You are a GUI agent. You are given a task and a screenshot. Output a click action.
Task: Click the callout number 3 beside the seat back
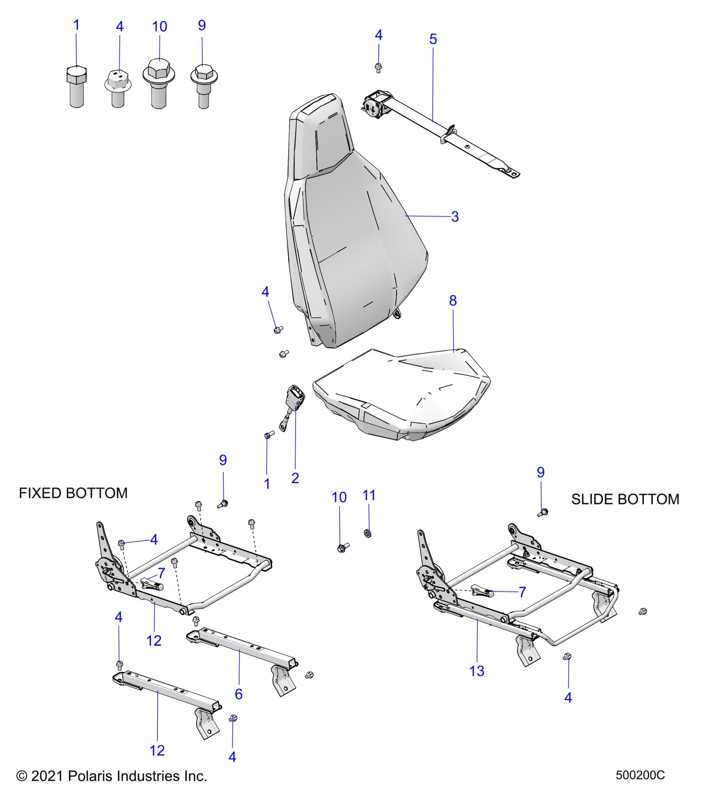[455, 217]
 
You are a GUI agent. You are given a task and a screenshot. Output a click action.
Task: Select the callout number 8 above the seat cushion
[453, 301]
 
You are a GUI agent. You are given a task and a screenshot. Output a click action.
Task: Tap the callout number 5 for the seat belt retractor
[433, 40]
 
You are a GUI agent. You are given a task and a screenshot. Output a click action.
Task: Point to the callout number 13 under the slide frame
[477, 671]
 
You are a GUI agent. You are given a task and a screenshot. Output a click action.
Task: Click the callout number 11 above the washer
[369, 495]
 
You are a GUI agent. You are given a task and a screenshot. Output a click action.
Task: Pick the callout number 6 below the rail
[239, 694]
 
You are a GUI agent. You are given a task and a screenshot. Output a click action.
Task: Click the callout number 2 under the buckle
[295, 478]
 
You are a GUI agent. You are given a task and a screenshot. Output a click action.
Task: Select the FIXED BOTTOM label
[73, 493]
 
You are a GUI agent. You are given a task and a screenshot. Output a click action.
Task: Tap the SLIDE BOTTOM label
[625, 499]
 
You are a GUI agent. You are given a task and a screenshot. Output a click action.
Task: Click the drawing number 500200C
[640, 775]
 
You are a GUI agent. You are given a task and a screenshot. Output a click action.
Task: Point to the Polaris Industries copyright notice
[111, 776]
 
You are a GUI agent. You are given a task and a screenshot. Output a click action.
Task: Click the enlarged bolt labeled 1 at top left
[76, 88]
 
